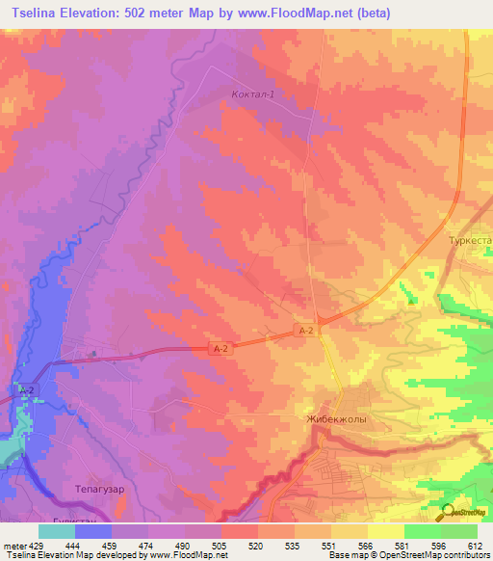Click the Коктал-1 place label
(x=254, y=94)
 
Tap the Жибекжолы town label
(x=336, y=420)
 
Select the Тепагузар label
(x=100, y=489)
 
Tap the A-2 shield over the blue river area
(x=27, y=389)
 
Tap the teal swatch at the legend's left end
(x=56, y=531)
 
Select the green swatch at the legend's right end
(x=458, y=531)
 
